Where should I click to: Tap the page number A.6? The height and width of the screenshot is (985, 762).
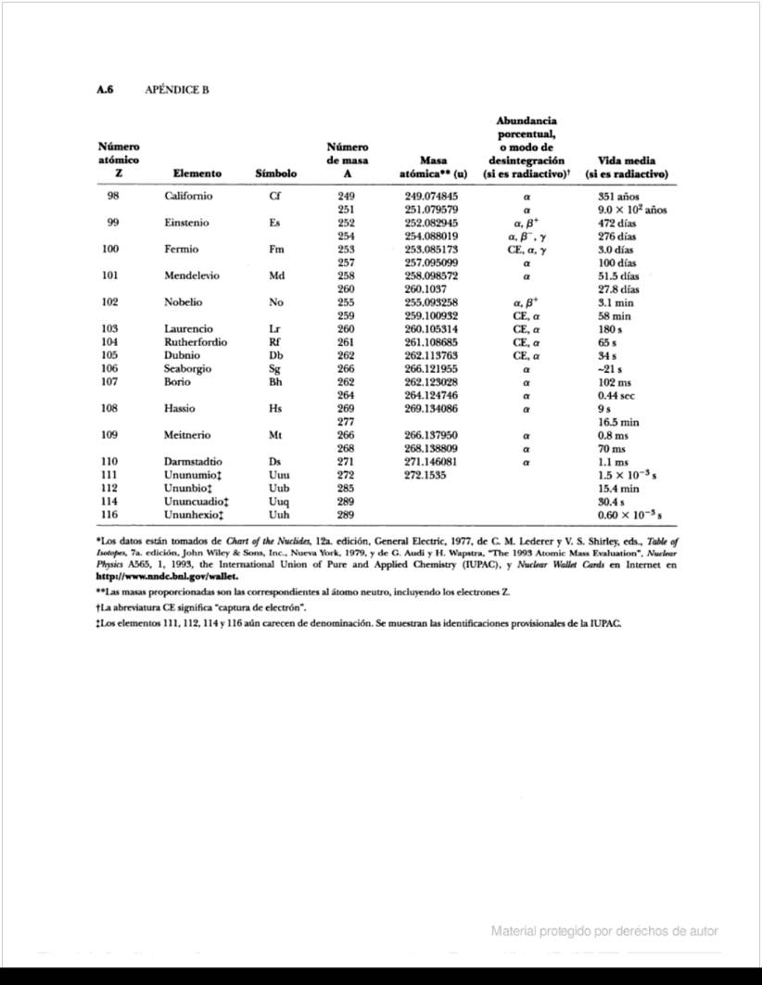108,90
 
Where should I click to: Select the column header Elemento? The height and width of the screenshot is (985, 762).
197,173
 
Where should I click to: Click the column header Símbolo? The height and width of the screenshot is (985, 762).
275,173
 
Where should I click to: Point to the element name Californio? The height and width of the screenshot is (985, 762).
189,197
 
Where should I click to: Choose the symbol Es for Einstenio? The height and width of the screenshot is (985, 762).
274,224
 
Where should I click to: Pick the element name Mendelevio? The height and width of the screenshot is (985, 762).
193,276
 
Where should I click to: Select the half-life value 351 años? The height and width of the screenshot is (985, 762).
619,197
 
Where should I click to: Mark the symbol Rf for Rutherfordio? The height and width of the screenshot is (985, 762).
273,342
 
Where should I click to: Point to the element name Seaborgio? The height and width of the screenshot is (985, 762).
187,368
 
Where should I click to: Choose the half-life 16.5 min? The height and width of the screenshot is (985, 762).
619,421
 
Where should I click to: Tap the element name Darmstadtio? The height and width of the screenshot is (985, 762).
193,461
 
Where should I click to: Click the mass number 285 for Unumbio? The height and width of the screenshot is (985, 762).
349,488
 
